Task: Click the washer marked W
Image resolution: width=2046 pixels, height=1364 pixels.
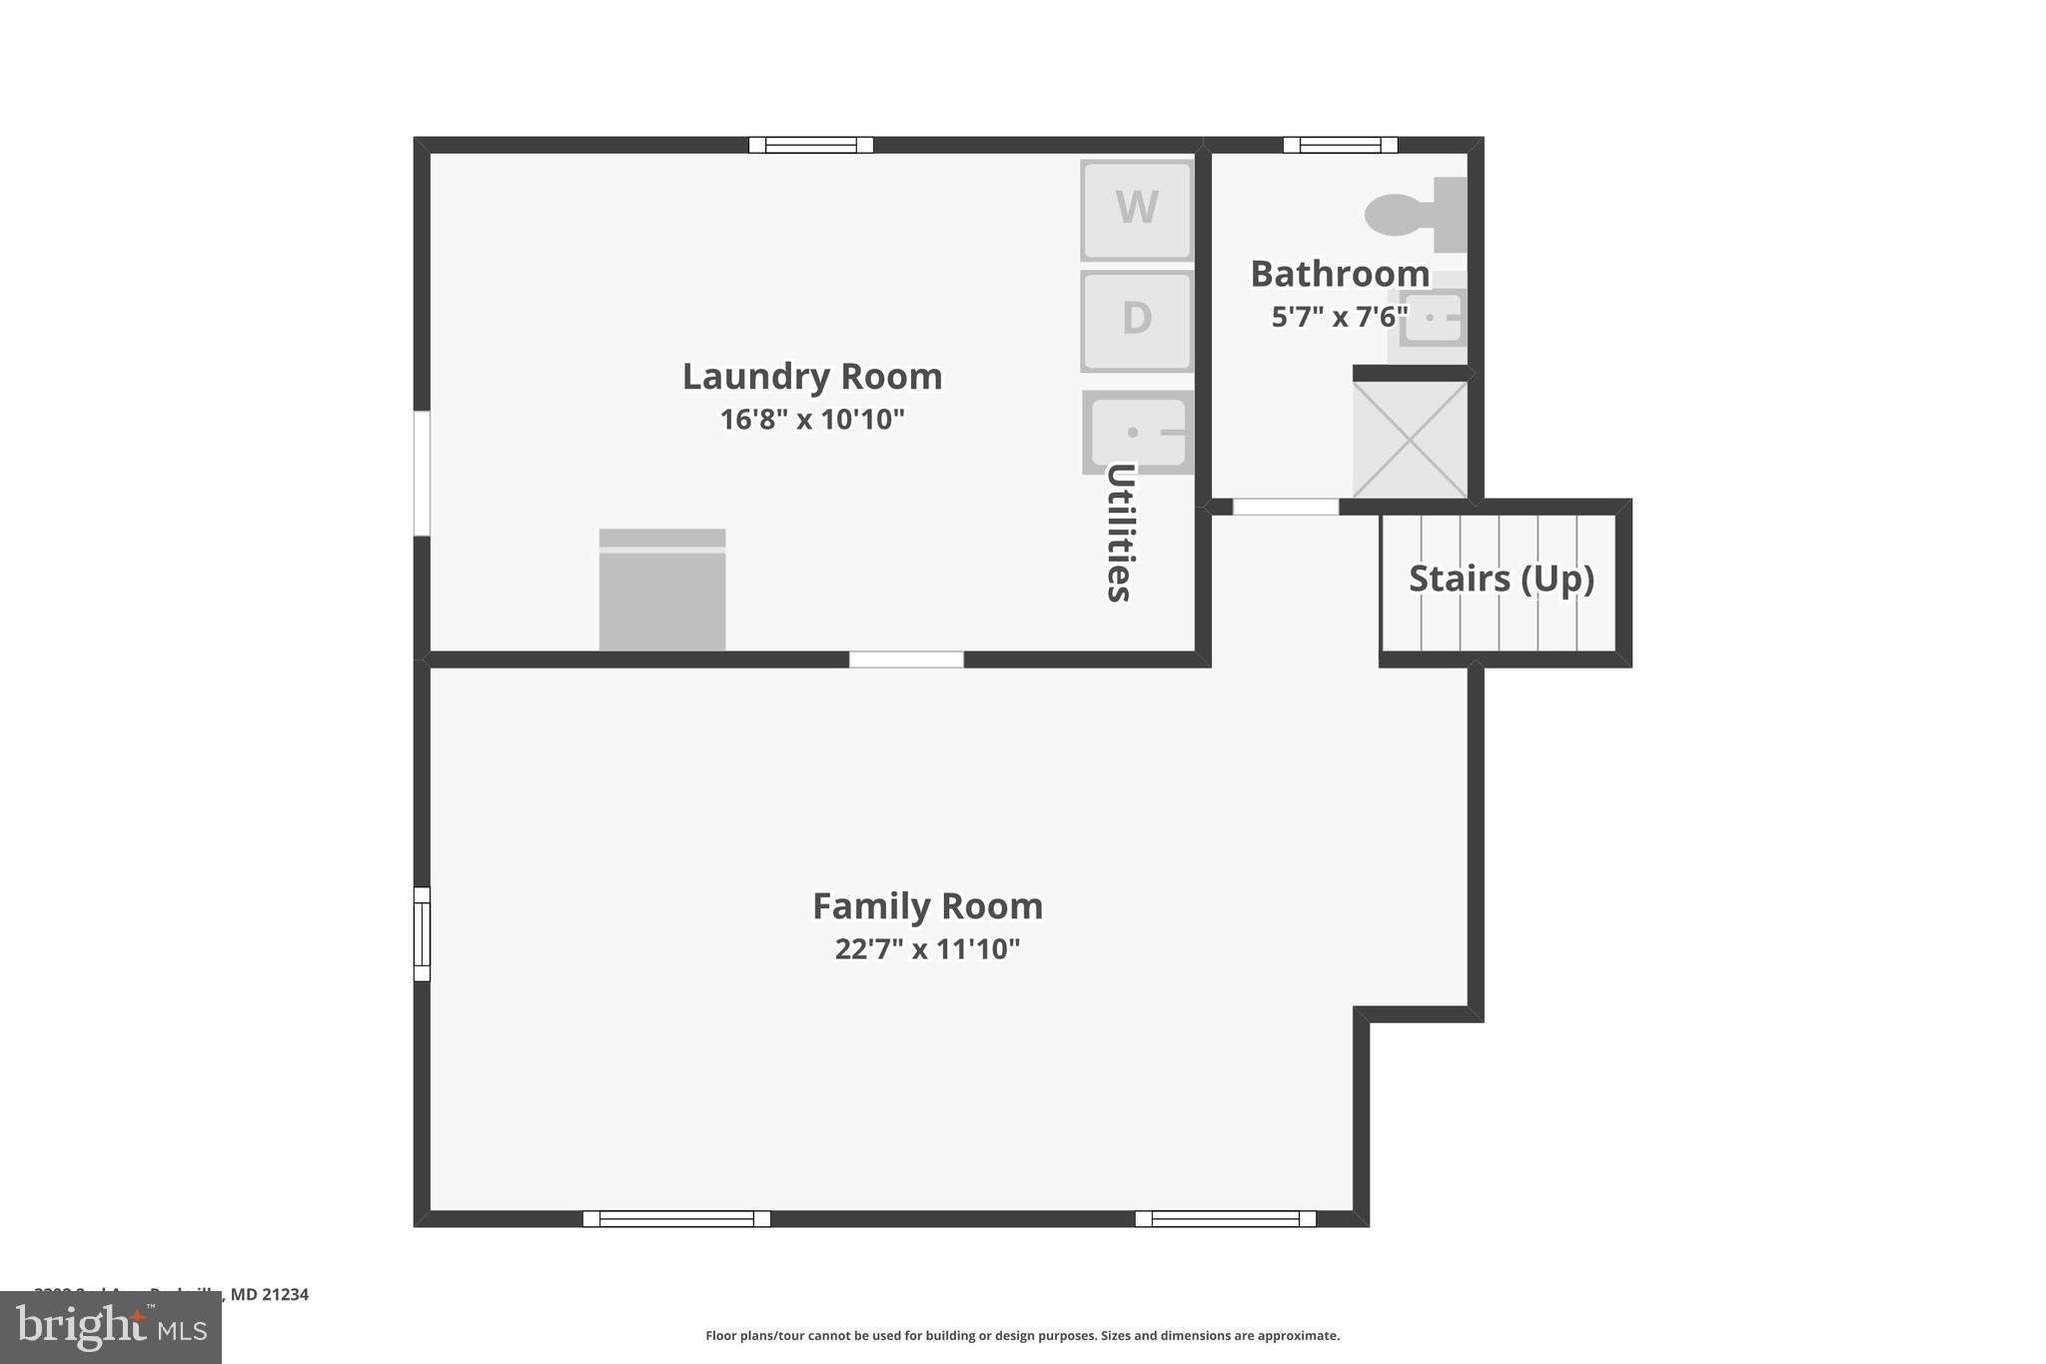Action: click(x=1137, y=209)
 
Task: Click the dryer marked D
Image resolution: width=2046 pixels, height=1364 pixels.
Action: click(x=1137, y=320)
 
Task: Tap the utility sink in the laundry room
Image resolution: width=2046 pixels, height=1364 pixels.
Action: click(x=1137, y=432)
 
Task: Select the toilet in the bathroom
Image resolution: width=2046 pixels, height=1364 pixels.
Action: click(x=1413, y=214)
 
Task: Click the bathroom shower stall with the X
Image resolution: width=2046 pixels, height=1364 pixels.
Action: click(x=1410, y=440)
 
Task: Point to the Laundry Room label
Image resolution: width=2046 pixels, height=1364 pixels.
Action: click(x=811, y=377)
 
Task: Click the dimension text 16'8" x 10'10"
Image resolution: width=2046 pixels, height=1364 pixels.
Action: click(x=811, y=420)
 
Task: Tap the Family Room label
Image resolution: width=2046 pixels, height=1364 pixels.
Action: click(x=927, y=906)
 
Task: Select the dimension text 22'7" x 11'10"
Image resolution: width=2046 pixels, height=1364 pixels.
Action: click(x=927, y=949)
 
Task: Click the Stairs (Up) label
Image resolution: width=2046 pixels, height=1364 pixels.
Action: click(x=1501, y=579)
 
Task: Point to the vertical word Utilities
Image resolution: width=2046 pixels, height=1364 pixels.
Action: click(x=1120, y=533)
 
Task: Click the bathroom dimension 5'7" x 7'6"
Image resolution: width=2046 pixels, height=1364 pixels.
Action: click(x=1339, y=318)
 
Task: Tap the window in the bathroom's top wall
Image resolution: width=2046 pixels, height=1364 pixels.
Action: click(x=1340, y=145)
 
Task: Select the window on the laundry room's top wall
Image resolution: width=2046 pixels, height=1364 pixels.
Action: click(x=811, y=145)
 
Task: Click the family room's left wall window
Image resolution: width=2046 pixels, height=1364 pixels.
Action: click(x=422, y=933)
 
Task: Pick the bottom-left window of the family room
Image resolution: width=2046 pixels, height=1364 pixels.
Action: click(x=676, y=1218)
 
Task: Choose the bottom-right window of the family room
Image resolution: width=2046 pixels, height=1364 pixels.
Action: click(x=1225, y=1218)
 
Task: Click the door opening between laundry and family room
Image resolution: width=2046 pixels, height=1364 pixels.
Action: click(x=906, y=660)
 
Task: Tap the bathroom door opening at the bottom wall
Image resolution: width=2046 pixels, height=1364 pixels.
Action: click(x=1285, y=507)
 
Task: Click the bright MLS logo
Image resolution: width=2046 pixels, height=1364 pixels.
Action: click(x=110, y=1327)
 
